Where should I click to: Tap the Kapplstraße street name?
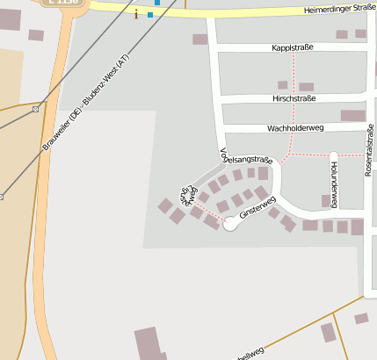click(x=292, y=47)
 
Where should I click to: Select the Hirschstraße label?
click(x=294, y=99)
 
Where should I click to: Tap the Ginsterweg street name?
click(x=257, y=209)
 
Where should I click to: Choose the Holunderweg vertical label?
click(x=334, y=172)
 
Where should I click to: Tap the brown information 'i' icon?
click(x=136, y=12)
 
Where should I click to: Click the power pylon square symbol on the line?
click(x=35, y=109)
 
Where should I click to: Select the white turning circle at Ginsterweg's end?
click(x=230, y=224)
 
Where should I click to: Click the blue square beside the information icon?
click(x=150, y=15)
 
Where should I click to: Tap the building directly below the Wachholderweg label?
click(x=352, y=116)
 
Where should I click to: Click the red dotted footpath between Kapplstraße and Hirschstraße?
click(x=294, y=73)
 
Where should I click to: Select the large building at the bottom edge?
click(x=147, y=344)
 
